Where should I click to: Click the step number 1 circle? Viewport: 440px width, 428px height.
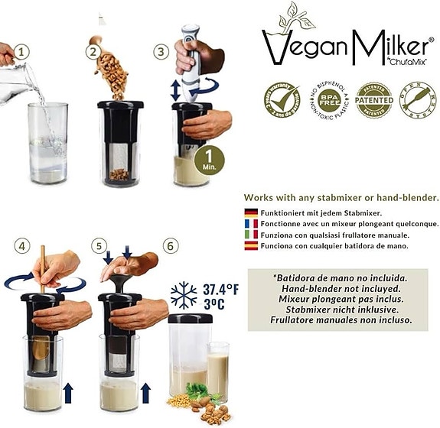[x=23, y=53]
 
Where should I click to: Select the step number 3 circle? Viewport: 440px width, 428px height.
[x=161, y=53]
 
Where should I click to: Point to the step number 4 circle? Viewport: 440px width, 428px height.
[x=23, y=246]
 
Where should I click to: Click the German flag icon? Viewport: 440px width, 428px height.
[x=250, y=212]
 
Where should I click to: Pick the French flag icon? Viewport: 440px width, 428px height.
[x=250, y=223]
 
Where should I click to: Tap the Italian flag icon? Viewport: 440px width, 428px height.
[x=250, y=235]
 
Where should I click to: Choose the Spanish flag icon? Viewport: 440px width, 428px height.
[x=250, y=246]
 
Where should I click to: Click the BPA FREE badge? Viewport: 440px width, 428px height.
[x=329, y=99]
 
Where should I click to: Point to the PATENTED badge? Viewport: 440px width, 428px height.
[x=373, y=99]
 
